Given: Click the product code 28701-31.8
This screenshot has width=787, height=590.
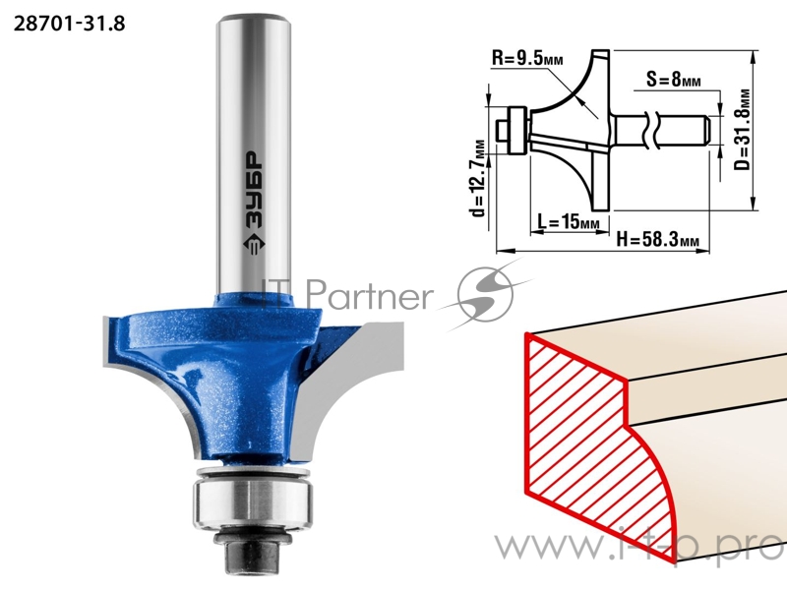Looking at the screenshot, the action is [69, 24].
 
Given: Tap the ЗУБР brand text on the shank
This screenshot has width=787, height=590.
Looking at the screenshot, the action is [255, 190].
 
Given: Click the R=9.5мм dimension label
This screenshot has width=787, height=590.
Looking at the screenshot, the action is [527, 59].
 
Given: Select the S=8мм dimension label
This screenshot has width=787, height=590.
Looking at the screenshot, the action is [673, 79].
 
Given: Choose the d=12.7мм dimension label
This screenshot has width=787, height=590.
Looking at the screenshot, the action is [479, 178].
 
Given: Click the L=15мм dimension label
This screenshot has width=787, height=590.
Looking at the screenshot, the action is [569, 221].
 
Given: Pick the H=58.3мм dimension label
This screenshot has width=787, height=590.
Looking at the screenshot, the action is [657, 240].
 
